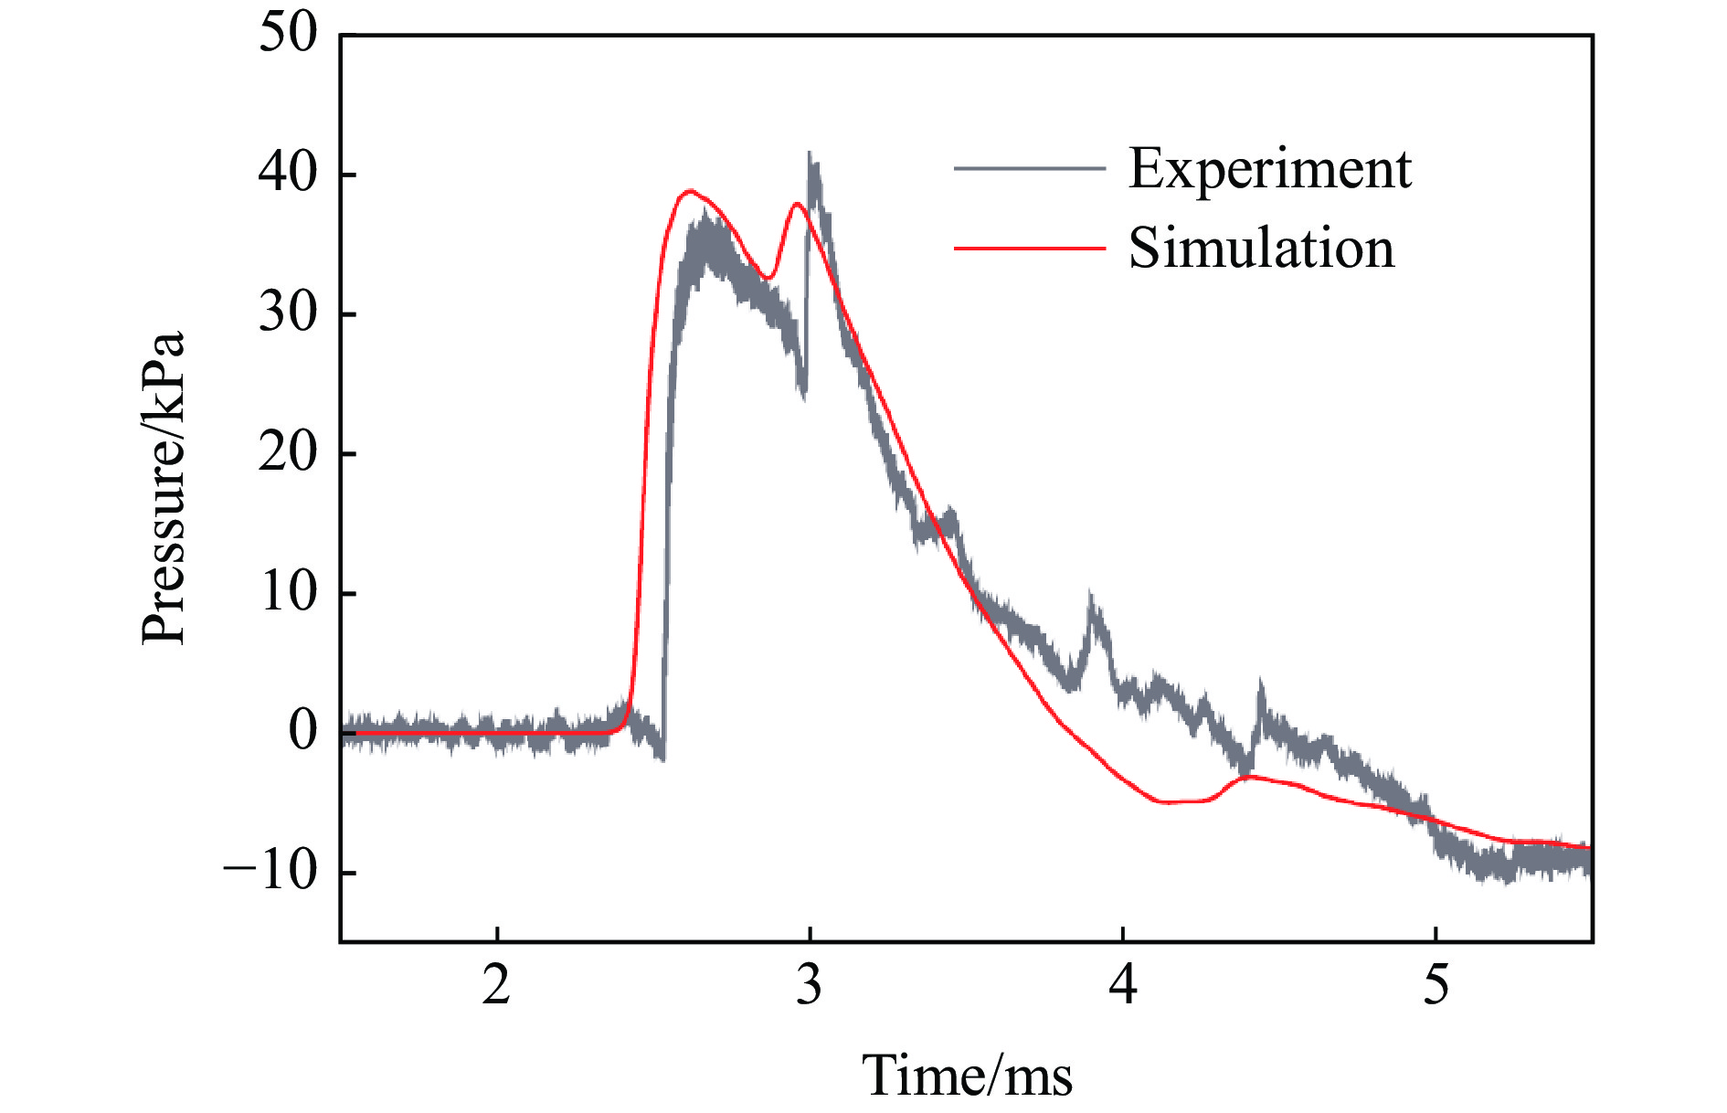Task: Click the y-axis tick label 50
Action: (x=288, y=35)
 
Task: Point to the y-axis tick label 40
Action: (x=288, y=174)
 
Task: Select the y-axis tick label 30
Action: (x=288, y=313)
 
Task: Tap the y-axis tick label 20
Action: (x=288, y=453)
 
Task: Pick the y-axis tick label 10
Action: (x=288, y=593)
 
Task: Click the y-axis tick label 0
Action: (x=302, y=732)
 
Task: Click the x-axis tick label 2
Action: (x=496, y=985)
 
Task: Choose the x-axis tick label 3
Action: (x=810, y=985)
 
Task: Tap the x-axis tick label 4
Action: (x=1123, y=985)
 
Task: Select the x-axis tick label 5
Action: (x=1436, y=985)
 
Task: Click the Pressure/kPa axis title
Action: (x=164, y=488)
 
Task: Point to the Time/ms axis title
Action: (x=967, y=1075)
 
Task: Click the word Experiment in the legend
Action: (x=1270, y=169)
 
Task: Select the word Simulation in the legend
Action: (x=1262, y=248)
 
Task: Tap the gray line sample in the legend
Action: (x=1029, y=169)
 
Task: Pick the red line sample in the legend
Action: (x=1029, y=248)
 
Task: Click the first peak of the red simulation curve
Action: (x=691, y=191)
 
